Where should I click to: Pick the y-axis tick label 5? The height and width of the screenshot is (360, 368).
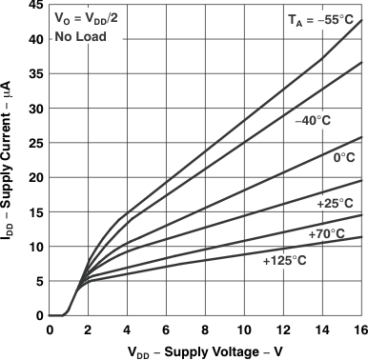37,281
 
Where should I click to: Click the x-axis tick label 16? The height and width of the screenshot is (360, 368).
359,330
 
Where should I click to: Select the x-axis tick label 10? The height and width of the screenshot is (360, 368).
244,330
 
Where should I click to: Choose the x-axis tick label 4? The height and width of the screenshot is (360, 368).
128,330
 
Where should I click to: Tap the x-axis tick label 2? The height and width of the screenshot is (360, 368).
89,330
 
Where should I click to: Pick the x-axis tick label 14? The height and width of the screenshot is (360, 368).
321,330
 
